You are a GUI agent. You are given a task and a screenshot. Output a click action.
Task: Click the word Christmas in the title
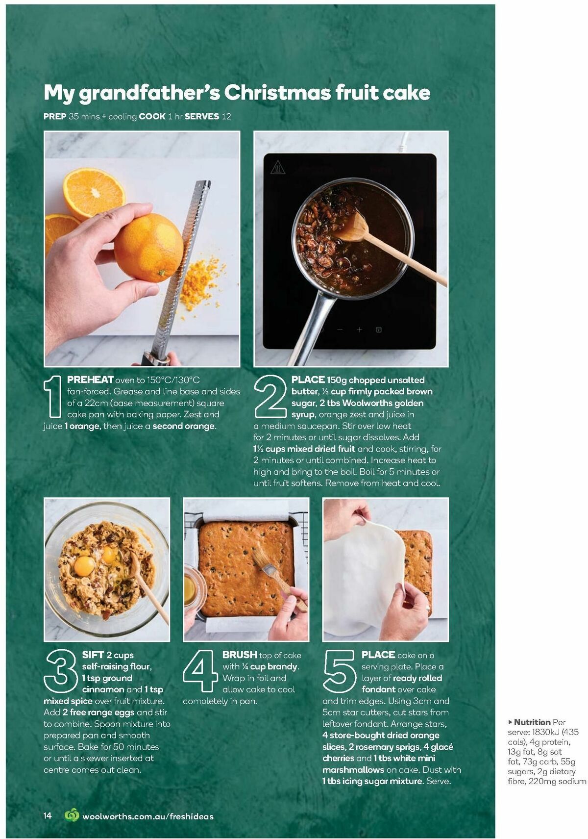tap(277, 92)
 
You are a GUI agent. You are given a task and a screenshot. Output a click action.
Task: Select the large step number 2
tap(270, 396)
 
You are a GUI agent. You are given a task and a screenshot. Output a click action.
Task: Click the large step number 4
tap(200, 671)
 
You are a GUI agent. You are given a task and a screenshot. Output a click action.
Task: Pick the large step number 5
tap(339, 671)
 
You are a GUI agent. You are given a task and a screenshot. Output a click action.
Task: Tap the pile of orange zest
tap(201, 280)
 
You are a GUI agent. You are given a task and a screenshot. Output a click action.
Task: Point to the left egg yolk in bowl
tap(84, 566)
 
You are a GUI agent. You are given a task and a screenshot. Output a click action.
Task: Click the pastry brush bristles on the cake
tap(262, 558)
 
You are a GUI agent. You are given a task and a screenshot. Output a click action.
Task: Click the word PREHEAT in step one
tap(90, 380)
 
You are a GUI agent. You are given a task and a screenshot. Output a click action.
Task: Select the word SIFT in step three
tap(93, 655)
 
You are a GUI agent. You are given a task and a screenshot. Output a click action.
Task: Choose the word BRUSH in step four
tap(240, 655)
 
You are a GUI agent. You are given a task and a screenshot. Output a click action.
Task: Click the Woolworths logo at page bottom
tap(72, 815)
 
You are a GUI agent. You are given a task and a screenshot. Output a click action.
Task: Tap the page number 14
tap(47, 815)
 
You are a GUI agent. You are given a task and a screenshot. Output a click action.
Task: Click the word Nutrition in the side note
tap(532, 722)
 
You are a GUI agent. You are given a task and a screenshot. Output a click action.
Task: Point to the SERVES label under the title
tap(202, 116)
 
